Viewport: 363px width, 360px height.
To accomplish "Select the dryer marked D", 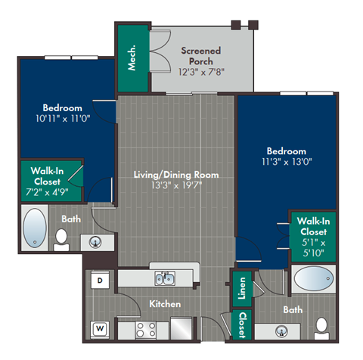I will (x=99, y=280).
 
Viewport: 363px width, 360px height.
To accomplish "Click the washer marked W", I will (x=99, y=328).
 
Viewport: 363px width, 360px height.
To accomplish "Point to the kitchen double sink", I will (x=164, y=279).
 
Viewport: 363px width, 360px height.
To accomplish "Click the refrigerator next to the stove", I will (x=183, y=330).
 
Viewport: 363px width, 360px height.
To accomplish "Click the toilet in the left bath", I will (x=63, y=238).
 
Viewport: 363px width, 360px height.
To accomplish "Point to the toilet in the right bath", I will (x=321, y=327).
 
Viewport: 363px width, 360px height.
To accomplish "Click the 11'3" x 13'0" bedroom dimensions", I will (x=286, y=161).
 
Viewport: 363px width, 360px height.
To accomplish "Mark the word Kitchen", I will (x=165, y=303).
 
